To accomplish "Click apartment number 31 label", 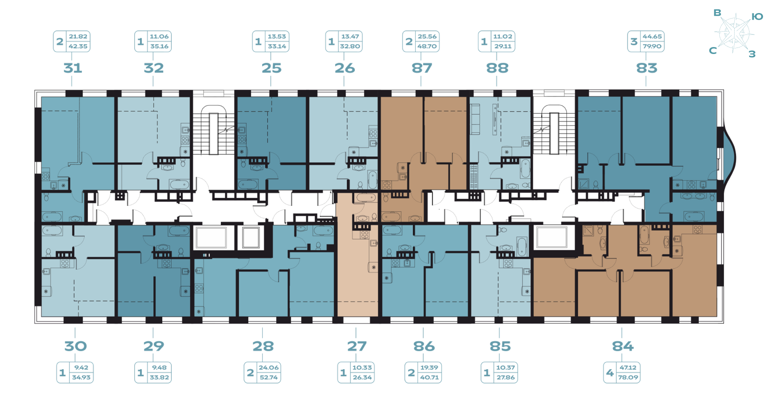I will (73, 68).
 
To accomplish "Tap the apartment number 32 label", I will (153, 68).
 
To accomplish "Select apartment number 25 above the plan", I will (271, 68).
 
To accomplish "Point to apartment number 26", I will (345, 68).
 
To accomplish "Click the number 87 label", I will (422, 68).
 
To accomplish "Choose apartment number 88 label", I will (497, 68).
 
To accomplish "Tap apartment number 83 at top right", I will (647, 68).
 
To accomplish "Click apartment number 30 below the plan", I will (75, 346).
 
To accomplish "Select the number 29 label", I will (153, 346).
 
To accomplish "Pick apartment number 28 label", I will (263, 346).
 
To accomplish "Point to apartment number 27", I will (357, 346).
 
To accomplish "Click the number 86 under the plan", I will (424, 346).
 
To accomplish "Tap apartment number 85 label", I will (500, 346).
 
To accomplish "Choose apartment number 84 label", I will (623, 346).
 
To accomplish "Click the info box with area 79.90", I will (646, 41).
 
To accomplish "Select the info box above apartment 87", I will (421, 41).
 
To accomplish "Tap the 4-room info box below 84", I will (622, 373).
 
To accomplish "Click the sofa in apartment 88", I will (475, 113).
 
